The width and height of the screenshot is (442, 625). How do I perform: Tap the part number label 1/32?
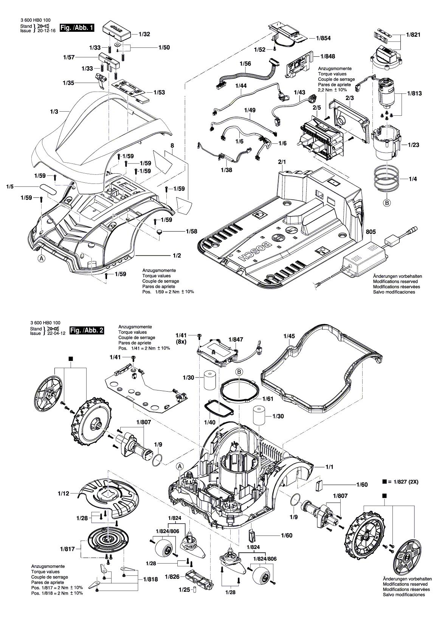click(144, 34)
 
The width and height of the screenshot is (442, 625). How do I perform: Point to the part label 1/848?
click(327, 56)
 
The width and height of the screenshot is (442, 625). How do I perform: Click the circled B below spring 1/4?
click(387, 203)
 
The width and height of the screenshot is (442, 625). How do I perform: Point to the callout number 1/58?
click(191, 231)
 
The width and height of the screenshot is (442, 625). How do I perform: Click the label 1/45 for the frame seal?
click(289, 336)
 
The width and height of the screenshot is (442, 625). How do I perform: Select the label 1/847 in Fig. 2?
click(236, 340)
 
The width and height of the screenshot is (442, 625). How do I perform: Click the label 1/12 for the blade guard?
click(64, 493)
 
